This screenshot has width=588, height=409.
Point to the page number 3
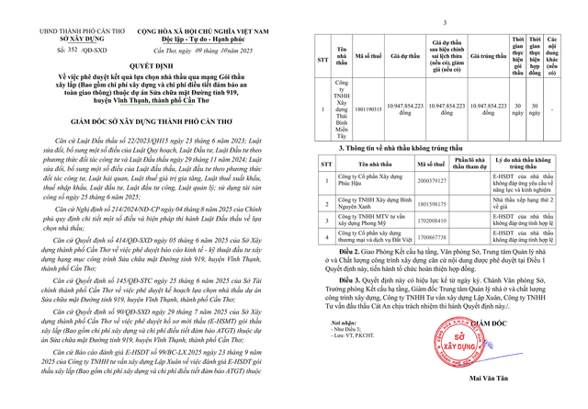pyautogui.click(x=443, y=21)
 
